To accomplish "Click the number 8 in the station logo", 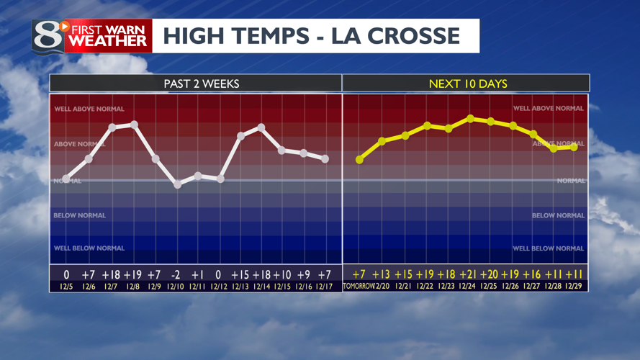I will pos(48,35).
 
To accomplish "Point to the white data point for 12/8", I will pos(135,125).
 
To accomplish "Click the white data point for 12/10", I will pos(178,184).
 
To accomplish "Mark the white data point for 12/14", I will pos(261,127).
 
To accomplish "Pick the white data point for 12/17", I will pos(325,158).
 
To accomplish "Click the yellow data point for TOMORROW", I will pos(359,160).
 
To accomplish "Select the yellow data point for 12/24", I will pos(470,118).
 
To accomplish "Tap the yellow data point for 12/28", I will pos(554,148).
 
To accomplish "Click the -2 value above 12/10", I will pos(176,274).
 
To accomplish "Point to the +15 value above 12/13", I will pos(240,274).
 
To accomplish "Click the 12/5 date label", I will pos(67,287).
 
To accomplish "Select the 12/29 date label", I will pos(574,287).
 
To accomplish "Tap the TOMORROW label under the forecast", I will pos(359,287).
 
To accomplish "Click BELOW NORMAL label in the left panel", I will pos(79,215).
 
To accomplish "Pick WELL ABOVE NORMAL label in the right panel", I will pos(549,109).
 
